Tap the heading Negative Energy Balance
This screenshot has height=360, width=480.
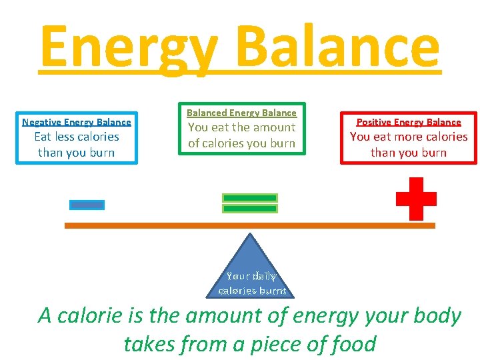(77, 122)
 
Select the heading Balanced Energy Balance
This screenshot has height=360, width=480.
(241, 113)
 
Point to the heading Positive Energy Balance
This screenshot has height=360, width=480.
(409, 122)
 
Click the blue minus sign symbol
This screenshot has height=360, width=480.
(87, 205)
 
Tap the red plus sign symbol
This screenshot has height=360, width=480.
(416, 198)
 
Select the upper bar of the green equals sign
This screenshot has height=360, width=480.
(249, 198)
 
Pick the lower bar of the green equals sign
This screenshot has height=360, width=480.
(249, 209)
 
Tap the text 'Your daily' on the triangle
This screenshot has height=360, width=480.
(251, 276)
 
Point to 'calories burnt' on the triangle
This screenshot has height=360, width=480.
(252, 291)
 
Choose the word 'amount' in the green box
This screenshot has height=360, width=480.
(273, 127)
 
